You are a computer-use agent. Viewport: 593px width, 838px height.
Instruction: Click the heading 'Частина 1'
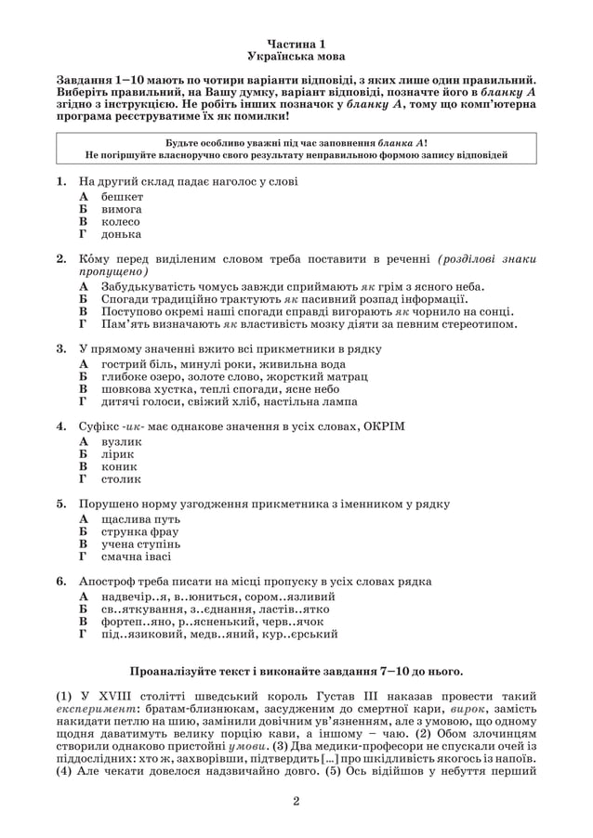(296, 44)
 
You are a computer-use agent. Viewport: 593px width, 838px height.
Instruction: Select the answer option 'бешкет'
(123, 198)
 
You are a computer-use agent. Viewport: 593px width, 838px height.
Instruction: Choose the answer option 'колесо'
(121, 222)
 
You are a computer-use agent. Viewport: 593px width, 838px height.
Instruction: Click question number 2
(61, 258)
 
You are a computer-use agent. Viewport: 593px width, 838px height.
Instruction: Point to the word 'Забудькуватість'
(148, 288)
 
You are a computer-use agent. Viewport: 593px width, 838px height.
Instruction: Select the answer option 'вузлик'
(122, 443)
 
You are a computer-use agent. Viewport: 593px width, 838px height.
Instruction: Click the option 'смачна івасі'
(137, 556)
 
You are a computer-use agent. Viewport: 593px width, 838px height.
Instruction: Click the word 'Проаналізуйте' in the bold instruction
(176, 670)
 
